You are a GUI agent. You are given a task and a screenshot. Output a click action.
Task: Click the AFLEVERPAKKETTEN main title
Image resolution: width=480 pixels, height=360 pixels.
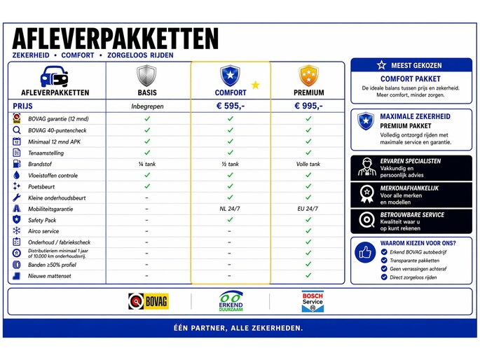116,38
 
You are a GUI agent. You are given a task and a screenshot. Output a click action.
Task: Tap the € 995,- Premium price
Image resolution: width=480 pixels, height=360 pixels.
308,106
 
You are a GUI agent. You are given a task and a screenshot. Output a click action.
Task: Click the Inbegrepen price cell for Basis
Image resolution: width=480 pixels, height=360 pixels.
147,106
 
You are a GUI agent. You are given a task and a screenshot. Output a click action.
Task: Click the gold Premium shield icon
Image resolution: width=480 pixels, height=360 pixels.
308,75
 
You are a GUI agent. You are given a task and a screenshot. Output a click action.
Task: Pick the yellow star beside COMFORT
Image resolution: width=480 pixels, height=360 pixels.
255,85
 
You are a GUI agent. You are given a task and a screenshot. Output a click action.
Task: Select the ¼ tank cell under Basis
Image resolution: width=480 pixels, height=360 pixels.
147,164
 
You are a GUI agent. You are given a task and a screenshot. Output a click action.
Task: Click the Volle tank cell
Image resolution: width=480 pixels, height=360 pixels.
308,164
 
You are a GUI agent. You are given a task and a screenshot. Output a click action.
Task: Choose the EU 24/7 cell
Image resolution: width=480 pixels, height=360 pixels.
308,209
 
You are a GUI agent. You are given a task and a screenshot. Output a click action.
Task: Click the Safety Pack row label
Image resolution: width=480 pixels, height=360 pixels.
44,220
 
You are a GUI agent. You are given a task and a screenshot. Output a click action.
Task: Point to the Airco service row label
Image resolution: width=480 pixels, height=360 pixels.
43,231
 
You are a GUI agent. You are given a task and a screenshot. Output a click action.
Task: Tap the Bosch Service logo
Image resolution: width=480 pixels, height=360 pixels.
312,301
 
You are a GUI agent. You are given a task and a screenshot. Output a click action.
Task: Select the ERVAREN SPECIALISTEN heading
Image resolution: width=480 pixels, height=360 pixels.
410,161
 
